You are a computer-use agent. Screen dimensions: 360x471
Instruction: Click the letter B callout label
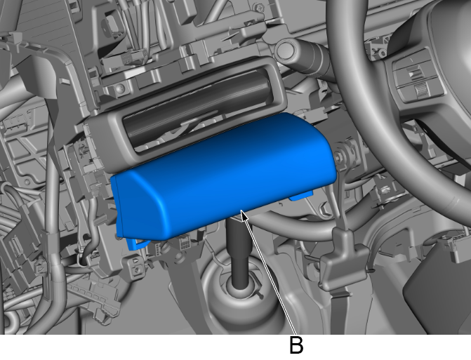[296, 345]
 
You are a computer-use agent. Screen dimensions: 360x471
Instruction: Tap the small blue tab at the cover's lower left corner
[133, 241]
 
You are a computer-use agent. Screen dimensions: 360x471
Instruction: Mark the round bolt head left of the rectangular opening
[120, 88]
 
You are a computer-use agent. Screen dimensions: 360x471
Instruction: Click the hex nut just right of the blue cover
[345, 152]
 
